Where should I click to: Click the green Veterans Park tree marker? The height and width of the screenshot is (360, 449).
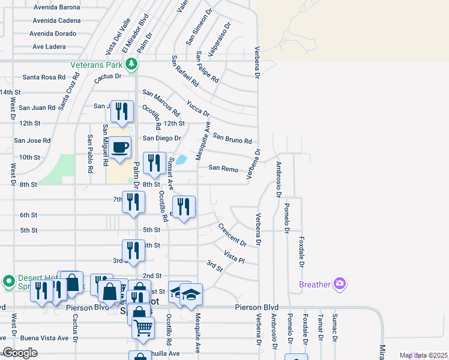[131, 64]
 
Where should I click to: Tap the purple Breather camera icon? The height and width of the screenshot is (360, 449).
[340, 283]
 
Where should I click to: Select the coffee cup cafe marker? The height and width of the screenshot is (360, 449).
[120, 147]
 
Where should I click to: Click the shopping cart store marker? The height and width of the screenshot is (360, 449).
[143, 328]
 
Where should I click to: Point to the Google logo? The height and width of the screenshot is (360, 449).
[20, 353]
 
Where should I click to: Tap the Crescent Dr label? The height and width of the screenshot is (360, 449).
[232, 235]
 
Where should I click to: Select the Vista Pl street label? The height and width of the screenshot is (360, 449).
[234, 257]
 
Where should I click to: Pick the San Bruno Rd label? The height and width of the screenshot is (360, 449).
[232, 139]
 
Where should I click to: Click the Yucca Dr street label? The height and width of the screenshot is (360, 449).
[198, 108]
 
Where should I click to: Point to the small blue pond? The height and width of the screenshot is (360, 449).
[181, 160]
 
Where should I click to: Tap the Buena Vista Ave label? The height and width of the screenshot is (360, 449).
[44, 338]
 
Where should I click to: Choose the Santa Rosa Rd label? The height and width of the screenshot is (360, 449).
[43, 77]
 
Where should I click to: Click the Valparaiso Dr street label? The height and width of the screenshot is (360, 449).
[223, 39]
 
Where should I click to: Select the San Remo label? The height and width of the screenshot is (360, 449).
[223, 168]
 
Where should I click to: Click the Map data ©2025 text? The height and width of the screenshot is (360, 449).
[423, 356]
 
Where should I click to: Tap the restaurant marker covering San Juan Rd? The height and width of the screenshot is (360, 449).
[122, 111]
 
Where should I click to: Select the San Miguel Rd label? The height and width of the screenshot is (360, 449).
[105, 145]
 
